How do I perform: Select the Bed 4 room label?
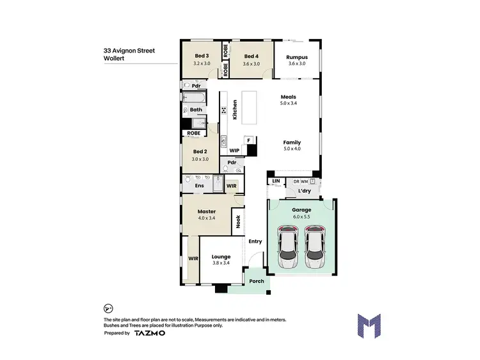point(252,56)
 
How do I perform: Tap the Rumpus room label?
point(298,56)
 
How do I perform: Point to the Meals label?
point(288,97)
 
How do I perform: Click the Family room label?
point(292,142)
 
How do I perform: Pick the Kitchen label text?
point(235,110)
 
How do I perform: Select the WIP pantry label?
point(234,151)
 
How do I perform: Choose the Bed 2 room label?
point(200,152)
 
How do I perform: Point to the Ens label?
point(199,186)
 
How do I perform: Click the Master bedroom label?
point(206,211)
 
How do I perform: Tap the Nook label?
point(238,222)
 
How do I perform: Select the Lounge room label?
point(221,257)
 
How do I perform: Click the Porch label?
point(256,281)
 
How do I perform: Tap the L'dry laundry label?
point(303,191)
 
